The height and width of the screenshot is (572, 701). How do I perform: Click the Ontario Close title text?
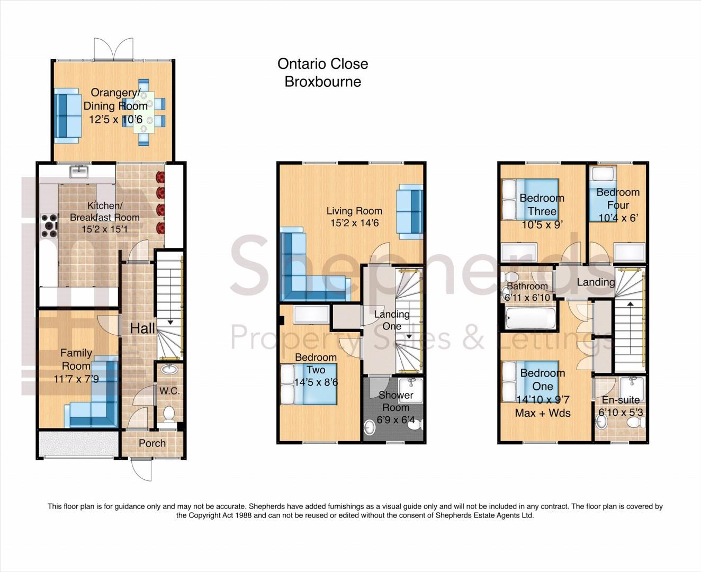(323, 64)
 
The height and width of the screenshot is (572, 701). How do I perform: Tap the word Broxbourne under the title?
(323, 82)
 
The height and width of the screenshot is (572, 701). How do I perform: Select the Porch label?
(152, 443)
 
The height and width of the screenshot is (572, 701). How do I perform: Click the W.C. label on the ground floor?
(169, 391)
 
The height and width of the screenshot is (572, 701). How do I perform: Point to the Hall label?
(142, 328)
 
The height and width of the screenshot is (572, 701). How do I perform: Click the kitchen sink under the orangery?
(79, 172)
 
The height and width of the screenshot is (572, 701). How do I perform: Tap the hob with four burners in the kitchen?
(49, 226)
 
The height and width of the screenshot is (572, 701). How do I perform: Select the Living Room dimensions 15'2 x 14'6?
(354, 223)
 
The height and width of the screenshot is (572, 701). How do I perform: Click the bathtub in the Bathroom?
(529, 318)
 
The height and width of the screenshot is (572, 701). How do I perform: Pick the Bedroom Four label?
(618, 199)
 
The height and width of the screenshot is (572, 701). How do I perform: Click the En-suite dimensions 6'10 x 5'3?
(621, 413)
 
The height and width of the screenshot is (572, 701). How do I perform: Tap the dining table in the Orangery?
(144, 112)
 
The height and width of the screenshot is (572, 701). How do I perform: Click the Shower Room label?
(396, 401)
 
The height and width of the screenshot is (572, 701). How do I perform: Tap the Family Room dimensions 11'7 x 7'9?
(76, 379)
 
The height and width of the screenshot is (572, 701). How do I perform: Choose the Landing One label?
(392, 320)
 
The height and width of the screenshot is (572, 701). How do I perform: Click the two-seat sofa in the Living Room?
(409, 212)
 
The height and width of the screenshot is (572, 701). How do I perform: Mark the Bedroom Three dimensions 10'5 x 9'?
(542, 225)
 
